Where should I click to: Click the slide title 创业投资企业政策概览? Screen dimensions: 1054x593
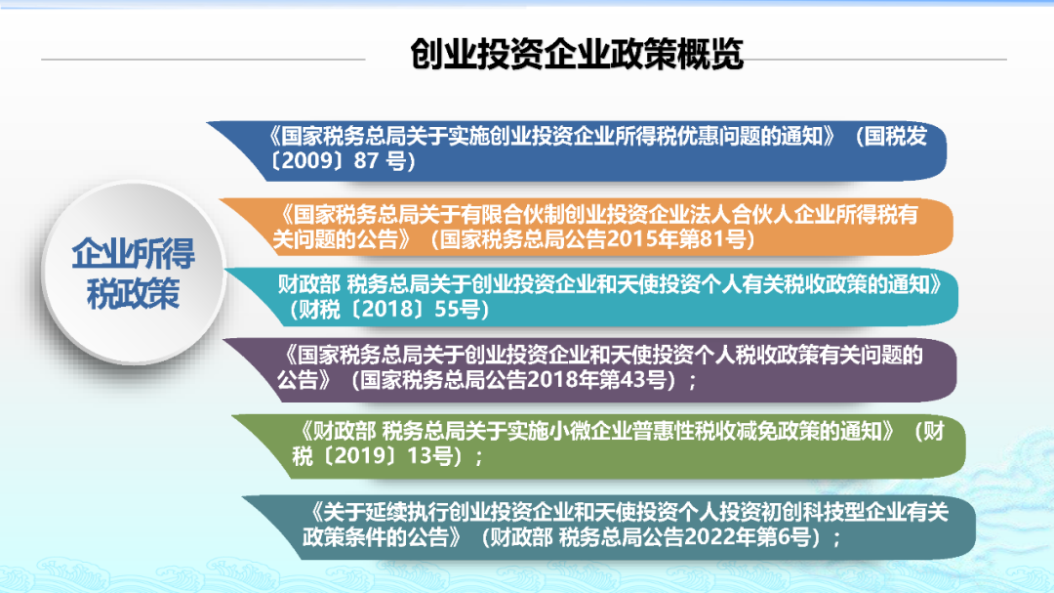pos(577,54)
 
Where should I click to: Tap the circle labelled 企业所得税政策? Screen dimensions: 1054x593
pos(134,273)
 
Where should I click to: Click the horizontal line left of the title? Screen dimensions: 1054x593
pos(203,60)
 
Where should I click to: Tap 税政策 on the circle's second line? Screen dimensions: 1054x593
pos(133,293)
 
